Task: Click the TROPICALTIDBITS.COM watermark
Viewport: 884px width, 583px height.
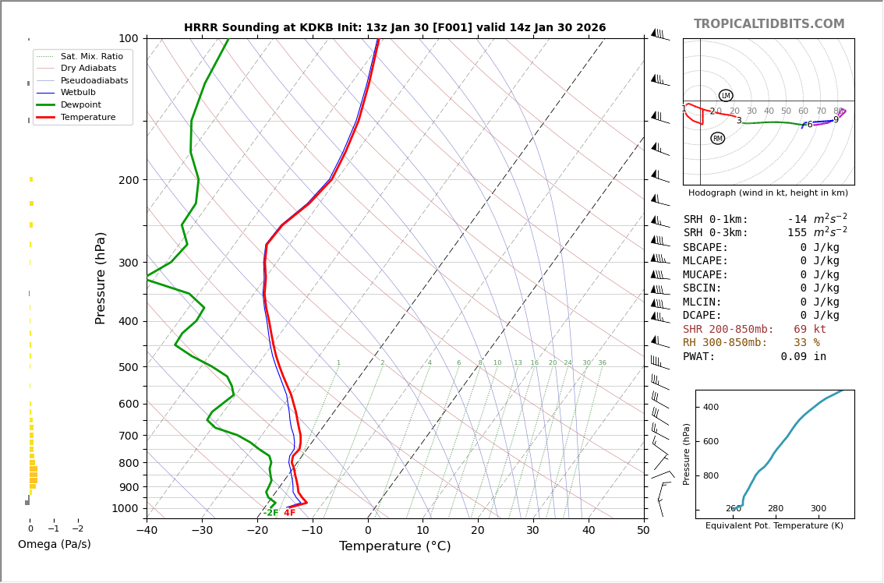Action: [769, 24]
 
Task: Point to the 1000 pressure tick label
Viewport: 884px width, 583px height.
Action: [125, 508]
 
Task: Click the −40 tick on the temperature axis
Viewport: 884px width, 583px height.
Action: [147, 532]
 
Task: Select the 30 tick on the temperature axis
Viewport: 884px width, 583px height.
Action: [533, 532]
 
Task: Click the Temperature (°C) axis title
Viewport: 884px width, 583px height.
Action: [394, 546]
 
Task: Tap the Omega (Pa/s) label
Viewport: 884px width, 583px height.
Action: [55, 545]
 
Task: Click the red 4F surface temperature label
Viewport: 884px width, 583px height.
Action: [289, 513]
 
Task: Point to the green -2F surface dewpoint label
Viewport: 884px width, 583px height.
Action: [271, 513]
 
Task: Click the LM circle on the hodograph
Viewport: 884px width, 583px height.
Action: [726, 96]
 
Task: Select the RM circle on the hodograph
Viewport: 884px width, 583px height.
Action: [717, 139]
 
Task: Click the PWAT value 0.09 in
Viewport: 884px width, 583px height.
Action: [803, 357]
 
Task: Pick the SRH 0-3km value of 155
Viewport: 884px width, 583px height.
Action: [797, 233]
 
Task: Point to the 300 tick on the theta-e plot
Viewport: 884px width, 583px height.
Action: [818, 509]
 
